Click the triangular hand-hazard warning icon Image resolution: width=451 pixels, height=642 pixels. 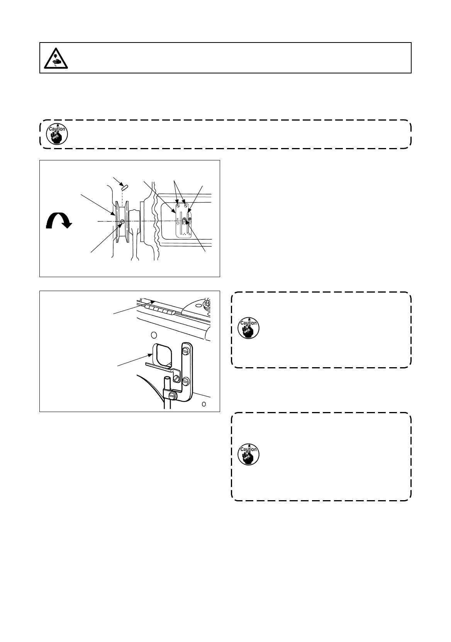(56, 58)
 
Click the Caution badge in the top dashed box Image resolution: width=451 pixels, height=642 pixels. (57, 134)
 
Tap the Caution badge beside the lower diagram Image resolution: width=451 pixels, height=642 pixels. (248, 329)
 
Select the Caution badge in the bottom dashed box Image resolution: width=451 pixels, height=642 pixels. (248, 455)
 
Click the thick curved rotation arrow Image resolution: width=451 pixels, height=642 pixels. (57, 221)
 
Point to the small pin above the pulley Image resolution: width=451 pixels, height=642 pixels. (124, 187)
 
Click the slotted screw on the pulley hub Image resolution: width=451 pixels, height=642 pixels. (122, 221)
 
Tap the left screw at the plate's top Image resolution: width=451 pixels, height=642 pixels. (178, 206)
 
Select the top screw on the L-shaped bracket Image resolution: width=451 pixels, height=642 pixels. (186, 351)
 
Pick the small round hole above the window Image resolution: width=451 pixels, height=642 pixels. (154, 334)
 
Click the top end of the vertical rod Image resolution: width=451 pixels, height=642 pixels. (167, 379)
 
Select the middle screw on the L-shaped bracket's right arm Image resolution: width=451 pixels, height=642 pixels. (186, 381)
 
